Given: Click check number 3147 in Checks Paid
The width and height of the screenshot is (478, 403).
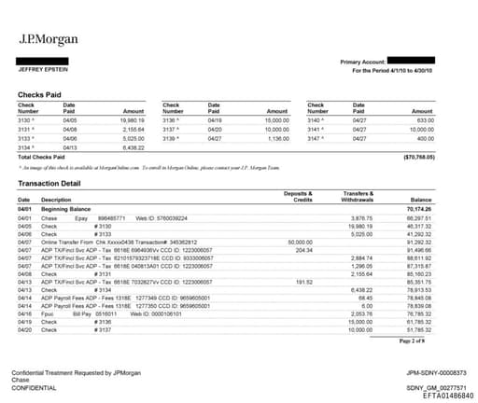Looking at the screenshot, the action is tap(315, 137).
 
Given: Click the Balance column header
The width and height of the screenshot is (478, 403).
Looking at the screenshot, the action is tap(446, 199).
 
